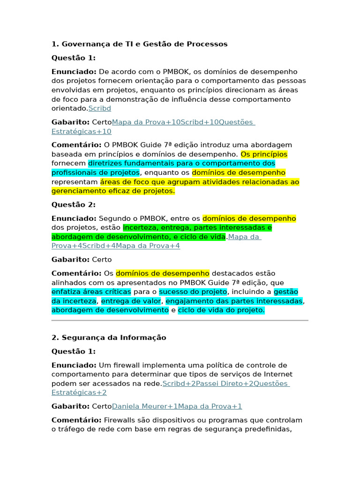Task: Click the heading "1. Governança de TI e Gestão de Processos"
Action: pos(139,44)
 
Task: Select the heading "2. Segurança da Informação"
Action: pos(109,337)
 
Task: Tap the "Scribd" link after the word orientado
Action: pos(100,108)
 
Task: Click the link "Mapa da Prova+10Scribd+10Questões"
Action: pos(183,122)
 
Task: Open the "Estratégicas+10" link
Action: pos(81,132)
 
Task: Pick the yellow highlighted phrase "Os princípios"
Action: pos(264,154)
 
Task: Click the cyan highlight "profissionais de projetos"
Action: pos(96,172)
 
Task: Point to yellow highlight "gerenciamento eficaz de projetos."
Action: pos(113,191)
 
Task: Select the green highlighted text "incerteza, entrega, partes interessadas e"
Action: pos(197,228)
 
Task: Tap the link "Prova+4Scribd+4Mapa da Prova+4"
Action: pos(115,246)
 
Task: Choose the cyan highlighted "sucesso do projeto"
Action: pos(193,292)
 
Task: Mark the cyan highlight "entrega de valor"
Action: pos(131,301)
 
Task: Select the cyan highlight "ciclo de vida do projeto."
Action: pos(221,310)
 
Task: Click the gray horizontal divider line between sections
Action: pos(180,321)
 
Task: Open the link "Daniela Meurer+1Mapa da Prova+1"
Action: pos(177,406)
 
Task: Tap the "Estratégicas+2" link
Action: pos(79,393)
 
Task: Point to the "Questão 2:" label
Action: pos(73,205)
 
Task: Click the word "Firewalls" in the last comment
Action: pos(120,420)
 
